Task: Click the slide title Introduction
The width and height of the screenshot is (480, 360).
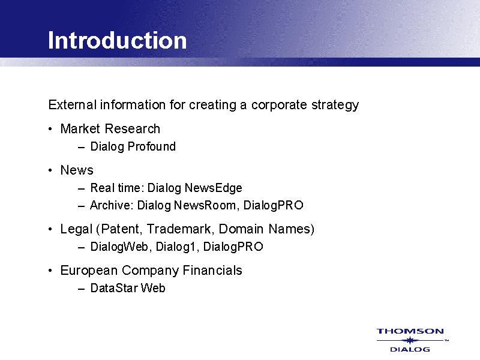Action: [117, 40]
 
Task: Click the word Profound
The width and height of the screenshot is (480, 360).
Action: [152, 146]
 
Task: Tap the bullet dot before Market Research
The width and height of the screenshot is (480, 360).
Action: [50, 129]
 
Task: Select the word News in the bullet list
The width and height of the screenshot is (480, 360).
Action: [77, 170]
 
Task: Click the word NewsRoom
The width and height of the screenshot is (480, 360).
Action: [205, 205]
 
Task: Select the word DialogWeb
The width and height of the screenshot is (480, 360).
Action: [119, 247]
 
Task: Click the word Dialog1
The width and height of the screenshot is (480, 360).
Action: [175, 247]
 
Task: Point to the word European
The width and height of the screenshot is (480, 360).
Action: [89, 271]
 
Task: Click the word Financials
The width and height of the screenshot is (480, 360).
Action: [212, 271]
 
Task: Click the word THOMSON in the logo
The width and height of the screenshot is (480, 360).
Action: [410, 331]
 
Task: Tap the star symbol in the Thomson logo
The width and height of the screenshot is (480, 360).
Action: [410, 340]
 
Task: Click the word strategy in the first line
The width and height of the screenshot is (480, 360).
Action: [335, 105]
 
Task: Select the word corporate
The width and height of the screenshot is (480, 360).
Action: [279, 105]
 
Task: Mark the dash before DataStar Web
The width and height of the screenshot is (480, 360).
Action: [81, 289]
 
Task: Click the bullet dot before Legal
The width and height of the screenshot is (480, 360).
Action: [50, 229]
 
